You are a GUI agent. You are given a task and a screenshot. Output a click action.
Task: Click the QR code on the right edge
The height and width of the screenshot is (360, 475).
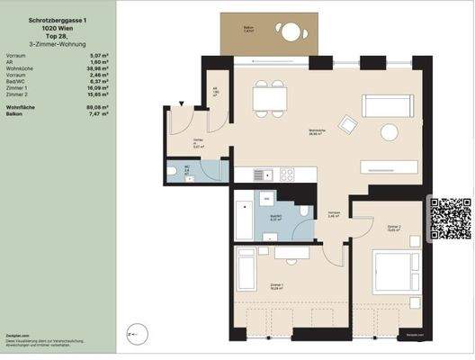pyautogui.click(x=451, y=218)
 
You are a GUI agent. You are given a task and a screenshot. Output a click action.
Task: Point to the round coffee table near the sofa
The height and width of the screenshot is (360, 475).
pyautogui.click(x=389, y=133)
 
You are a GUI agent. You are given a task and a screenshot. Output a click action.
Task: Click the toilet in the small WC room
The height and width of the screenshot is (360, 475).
pyautogui.click(x=172, y=171)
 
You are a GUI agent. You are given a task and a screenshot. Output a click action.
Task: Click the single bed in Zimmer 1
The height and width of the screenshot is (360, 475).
pyautogui.click(x=248, y=267)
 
